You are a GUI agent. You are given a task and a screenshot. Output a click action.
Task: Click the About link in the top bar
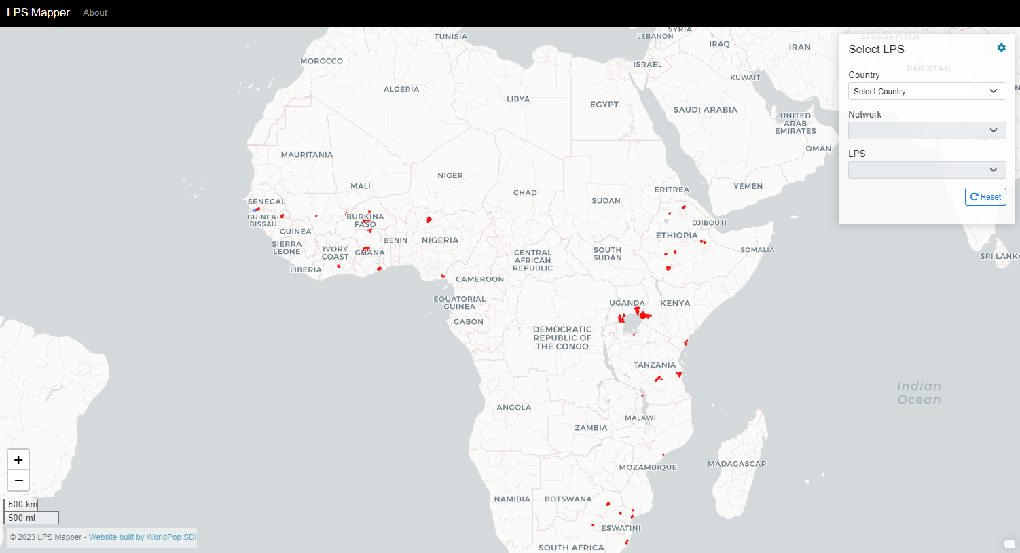95,13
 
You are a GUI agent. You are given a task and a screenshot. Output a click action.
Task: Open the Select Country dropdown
926,91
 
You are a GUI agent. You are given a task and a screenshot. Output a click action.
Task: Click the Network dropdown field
926,130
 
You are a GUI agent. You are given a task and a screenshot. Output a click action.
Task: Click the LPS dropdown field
926,170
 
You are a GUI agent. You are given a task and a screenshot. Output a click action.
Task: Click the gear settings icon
1001,48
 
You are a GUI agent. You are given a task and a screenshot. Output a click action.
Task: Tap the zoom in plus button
18,460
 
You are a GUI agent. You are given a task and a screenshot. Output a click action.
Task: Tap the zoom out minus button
18,480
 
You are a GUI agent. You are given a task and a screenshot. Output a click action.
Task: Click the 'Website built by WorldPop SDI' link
142,537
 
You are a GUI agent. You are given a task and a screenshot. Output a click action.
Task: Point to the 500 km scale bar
21,505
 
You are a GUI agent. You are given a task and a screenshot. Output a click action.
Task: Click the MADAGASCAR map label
736,464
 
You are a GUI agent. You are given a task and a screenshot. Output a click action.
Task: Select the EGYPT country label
604,105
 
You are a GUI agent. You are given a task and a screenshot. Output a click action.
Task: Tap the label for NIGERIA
439,240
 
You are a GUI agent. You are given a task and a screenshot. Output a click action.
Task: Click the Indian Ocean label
918,393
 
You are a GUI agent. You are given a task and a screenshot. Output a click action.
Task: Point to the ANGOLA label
513,408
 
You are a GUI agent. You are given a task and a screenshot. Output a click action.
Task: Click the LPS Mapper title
39,13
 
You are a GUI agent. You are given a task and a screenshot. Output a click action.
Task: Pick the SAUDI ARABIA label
705,110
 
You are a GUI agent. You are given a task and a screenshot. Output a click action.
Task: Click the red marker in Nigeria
429,219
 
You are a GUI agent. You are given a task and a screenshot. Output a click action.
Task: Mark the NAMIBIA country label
511,499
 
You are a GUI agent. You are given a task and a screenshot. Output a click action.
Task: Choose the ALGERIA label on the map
401,90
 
